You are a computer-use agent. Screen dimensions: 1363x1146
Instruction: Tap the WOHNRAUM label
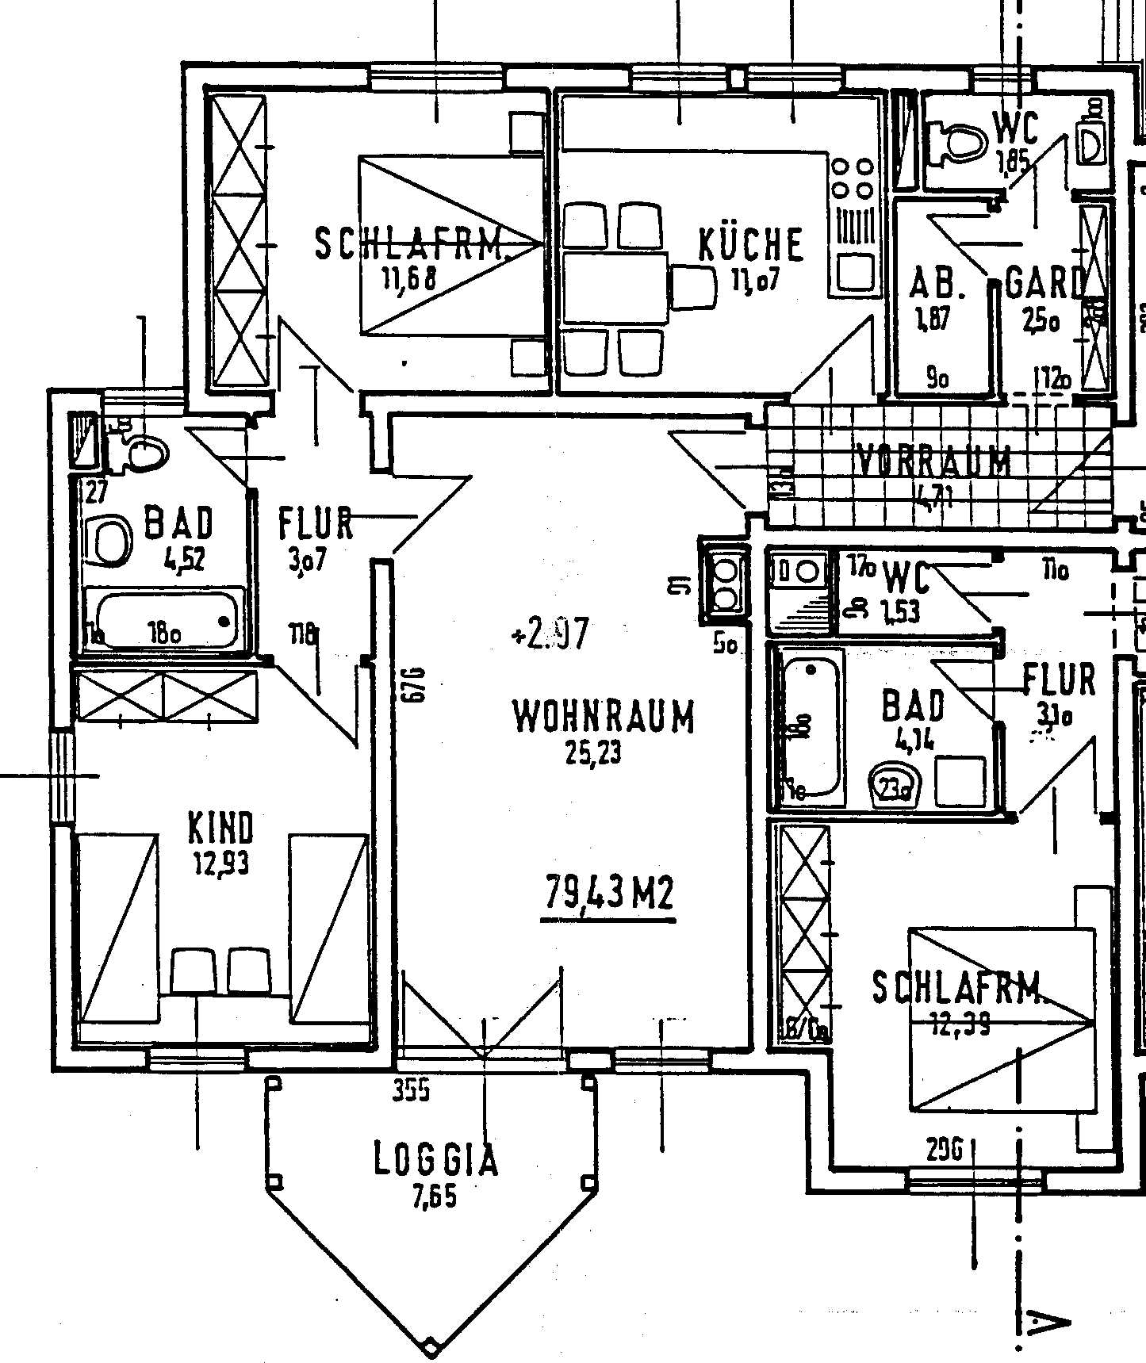(x=603, y=717)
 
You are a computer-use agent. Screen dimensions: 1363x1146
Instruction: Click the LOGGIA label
(x=436, y=1160)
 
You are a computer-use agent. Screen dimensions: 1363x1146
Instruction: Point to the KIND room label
(x=220, y=828)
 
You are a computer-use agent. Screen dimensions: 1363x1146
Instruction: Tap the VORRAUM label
(x=935, y=460)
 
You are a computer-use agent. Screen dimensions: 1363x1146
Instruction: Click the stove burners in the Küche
(x=852, y=178)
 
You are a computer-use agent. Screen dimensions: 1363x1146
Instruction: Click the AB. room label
(x=937, y=284)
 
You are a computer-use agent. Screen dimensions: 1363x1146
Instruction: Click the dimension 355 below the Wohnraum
(x=412, y=1091)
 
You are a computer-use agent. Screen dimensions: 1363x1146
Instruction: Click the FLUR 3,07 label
(x=315, y=525)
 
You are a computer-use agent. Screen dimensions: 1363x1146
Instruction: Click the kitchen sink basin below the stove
(x=854, y=271)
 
